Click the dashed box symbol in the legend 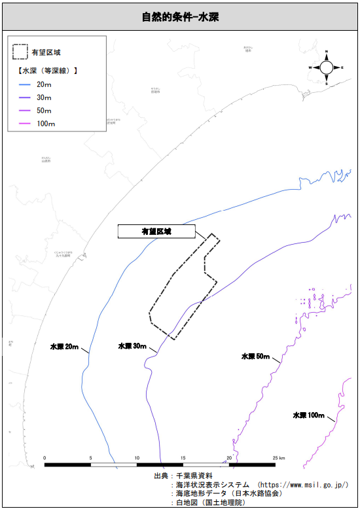20,50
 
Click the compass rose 325,67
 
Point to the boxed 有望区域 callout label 156,231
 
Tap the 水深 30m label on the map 132,345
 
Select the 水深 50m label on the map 255,357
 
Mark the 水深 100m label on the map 308,415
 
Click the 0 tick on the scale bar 45,458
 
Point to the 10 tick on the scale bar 137,458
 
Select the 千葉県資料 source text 194,476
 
